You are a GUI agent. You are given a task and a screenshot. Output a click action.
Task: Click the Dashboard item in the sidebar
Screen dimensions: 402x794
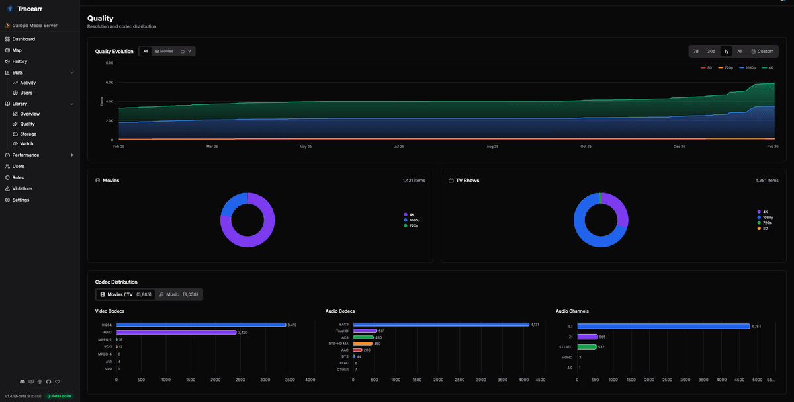[x=23, y=39]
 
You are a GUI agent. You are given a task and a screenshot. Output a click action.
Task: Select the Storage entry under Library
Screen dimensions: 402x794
[x=28, y=134]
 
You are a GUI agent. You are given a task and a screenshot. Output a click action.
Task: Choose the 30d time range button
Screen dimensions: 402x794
[x=711, y=51]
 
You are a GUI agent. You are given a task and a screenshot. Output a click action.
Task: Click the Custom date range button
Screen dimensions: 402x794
[x=762, y=51]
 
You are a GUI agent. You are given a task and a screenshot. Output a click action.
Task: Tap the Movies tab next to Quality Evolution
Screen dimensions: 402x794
[x=164, y=51]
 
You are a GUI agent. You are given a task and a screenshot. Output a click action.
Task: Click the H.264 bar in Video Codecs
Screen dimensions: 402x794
[x=201, y=325]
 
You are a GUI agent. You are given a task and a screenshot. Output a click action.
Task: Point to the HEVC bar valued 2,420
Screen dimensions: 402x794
[x=176, y=332]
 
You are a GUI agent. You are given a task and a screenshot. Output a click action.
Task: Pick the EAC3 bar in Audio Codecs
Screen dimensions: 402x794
[x=441, y=325]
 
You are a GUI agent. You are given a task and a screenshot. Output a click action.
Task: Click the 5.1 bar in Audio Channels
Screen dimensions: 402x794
[x=663, y=326]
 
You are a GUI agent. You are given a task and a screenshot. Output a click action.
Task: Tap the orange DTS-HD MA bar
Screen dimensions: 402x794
[x=363, y=344]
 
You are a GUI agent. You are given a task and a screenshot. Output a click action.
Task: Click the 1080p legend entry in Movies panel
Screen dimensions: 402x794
[x=414, y=220]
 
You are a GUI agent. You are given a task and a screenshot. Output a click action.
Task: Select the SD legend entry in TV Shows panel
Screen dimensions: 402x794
[x=764, y=228]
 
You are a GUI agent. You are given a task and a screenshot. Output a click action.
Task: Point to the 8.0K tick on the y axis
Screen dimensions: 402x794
[x=109, y=63]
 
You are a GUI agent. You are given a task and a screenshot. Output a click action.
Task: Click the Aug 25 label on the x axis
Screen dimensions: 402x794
[x=492, y=146]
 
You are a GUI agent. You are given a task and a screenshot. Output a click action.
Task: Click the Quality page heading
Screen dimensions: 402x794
[x=101, y=19]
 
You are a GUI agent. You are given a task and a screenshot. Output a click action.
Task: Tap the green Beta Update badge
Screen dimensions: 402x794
[x=59, y=396]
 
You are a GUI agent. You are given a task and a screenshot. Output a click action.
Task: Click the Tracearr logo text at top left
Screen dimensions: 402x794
[x=30, y=9]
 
